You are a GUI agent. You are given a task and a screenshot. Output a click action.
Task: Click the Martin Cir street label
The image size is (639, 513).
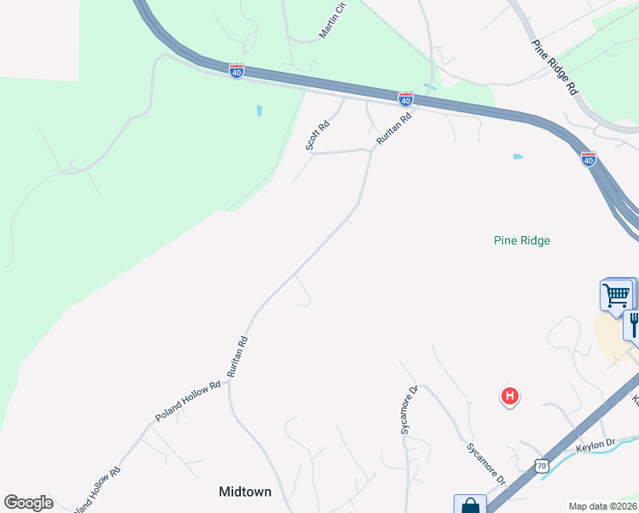332,21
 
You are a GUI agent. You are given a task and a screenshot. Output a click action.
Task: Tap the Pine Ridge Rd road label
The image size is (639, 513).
554,67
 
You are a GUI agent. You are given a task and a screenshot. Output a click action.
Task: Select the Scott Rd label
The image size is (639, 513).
318,135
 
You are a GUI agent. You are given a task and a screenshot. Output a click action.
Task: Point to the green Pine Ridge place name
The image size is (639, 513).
522,240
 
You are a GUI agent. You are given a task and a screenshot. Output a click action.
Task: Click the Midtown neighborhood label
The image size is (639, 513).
245,492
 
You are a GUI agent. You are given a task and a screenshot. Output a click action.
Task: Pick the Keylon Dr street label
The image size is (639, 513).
595,444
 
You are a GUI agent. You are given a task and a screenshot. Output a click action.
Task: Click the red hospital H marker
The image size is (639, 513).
509,395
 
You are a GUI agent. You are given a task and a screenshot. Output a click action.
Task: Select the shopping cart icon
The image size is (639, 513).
616,295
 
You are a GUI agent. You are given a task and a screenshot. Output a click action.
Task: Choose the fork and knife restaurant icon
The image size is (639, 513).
634,324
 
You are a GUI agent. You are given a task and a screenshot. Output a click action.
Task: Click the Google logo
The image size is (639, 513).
28,503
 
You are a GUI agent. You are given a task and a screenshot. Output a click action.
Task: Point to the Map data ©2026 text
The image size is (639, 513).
603,506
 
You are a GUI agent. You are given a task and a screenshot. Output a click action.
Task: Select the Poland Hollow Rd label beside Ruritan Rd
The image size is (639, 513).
188,399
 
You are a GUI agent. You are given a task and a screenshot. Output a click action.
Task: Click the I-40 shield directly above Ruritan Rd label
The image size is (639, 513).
406,99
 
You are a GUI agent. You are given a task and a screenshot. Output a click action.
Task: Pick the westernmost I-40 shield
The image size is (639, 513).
237,72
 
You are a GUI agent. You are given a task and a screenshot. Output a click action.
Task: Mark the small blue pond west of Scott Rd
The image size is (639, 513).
259,110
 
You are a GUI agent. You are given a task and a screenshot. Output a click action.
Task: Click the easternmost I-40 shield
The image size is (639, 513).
588,158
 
